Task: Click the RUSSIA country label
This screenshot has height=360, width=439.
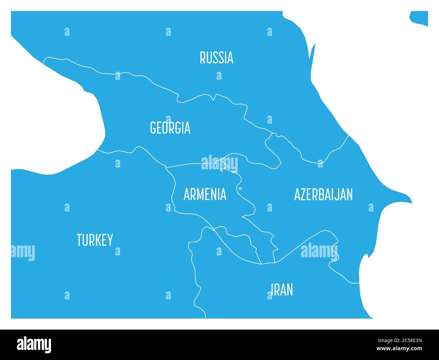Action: point(216,58)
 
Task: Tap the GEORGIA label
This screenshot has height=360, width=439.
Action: point(170,128)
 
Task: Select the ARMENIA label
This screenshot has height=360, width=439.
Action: point(205,195)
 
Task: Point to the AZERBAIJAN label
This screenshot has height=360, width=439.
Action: point(323,195)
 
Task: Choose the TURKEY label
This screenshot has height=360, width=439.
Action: point(95,240)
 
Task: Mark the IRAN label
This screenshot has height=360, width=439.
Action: point(282,290)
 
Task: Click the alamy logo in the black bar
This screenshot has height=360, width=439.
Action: point(34,344)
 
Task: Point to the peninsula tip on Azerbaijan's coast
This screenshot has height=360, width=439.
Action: point(411,202)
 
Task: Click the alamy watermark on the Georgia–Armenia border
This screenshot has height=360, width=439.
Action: point(219,164)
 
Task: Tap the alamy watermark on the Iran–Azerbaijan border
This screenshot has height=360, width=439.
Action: point(319,251)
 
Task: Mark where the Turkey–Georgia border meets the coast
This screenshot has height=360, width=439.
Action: point(98,149)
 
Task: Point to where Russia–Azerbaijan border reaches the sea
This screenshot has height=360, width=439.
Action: point(349,136)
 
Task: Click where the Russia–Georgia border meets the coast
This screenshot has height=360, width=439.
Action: point(43,63)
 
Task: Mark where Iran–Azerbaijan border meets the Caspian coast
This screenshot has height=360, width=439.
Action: point(359,283)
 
